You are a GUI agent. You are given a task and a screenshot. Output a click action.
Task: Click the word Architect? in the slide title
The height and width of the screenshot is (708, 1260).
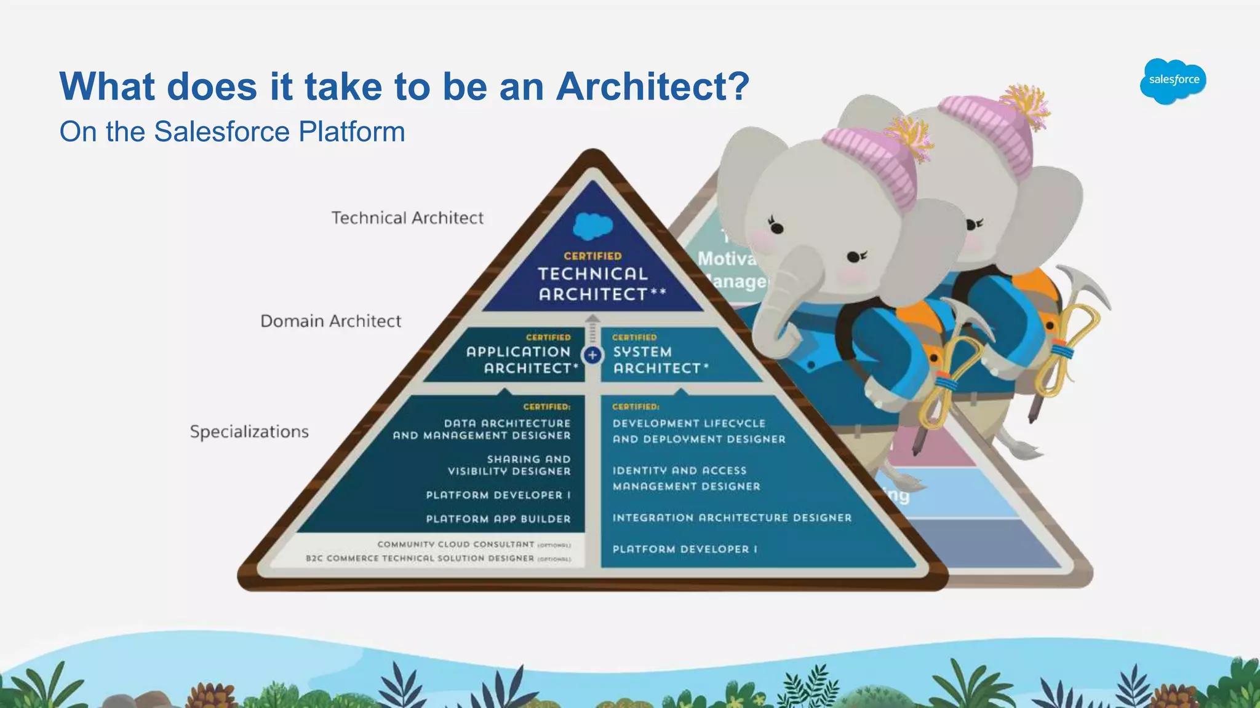click(x=653, y=86)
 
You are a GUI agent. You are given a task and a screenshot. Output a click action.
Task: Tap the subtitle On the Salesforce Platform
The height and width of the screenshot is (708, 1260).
click(x=232, y=132)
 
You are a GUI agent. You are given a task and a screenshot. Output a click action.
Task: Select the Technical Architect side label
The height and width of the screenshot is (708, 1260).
click(x=407, y=218)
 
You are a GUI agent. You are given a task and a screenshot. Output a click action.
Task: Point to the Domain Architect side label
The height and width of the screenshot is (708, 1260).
click(x=330, y=321)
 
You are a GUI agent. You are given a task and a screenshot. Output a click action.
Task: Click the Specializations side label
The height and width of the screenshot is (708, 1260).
click(x=249, y=431)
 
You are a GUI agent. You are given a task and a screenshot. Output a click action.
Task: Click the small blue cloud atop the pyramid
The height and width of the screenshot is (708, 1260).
click(x=592, y=226)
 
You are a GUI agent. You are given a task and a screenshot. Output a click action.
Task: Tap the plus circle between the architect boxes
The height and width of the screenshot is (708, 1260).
click(x=592, y=355)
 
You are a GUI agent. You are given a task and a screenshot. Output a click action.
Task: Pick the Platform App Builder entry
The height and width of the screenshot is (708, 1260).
click(x=498, y=519)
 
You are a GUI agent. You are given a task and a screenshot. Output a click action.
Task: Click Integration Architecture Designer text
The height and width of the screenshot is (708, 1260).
click(x=732, y=517)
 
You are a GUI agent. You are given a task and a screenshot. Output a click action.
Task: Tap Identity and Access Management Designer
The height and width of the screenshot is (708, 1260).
click(x=686, y=478)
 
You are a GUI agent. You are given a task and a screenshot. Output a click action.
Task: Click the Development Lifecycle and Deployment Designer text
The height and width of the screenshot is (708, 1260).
click(x=699, y=431)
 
